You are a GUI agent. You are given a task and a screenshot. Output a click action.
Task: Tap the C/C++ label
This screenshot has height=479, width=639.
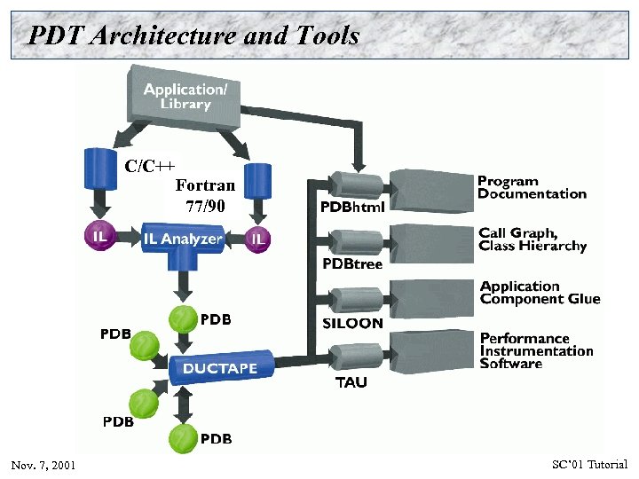[150, 166]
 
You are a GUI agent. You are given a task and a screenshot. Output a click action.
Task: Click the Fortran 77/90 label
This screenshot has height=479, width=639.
[205, 195]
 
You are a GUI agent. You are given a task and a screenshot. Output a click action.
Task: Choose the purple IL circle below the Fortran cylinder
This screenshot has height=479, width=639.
[257, 238]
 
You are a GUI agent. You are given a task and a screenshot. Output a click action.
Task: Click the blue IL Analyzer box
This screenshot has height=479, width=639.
[182, 239]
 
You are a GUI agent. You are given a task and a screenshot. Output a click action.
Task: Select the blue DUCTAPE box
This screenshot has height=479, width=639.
[219, 367]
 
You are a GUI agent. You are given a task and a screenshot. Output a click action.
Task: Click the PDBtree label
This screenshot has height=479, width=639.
[351, 264]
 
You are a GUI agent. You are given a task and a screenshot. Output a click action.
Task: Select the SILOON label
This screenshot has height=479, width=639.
[352, 324]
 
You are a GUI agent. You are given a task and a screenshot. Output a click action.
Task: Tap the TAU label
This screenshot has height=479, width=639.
[351, 382]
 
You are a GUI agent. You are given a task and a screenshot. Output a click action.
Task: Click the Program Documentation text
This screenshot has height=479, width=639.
[532, 187]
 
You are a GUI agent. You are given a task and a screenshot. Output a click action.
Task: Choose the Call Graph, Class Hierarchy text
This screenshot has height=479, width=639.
[532, 239]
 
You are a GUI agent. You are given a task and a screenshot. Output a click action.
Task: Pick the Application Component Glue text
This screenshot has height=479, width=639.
[540, 293]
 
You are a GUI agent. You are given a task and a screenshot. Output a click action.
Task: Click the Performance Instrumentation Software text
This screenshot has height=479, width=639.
[536, 350]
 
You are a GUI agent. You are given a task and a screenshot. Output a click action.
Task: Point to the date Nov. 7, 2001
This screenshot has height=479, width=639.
[43, 466]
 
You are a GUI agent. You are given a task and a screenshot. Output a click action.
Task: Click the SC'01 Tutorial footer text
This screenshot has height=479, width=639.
[589, 465]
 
